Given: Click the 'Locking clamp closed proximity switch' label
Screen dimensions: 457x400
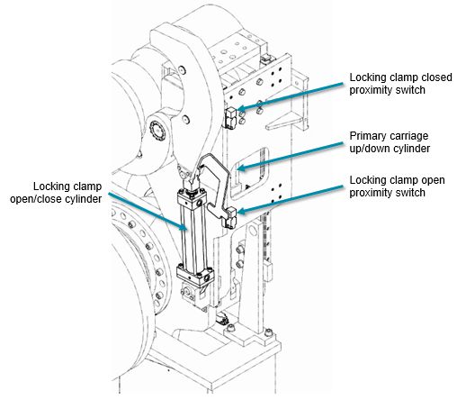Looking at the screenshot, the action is pos(400,84).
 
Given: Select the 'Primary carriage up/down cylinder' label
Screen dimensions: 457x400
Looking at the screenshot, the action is pos(390,142).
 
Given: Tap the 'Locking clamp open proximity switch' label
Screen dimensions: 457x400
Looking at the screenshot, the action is pos(397,186).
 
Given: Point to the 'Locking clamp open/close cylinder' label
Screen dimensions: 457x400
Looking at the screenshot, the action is pos(56,193).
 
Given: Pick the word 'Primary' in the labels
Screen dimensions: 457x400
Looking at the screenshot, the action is pos(366,136).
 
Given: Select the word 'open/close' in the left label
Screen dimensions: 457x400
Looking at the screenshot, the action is pos(35,199).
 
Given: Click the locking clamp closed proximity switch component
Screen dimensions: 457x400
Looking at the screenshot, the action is pos(230,118).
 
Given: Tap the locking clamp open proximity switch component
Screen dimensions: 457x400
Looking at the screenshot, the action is pos(230,217).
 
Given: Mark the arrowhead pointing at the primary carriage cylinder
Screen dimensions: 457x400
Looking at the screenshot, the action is pos(241,167).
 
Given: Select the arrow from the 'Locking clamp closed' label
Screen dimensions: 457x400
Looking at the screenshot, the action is pos(290,95).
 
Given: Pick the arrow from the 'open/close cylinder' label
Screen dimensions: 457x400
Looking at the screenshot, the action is pos(148,212).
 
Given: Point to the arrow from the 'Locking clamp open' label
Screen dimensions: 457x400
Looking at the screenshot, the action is pos(290,200).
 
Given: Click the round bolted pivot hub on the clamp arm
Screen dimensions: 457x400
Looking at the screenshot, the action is pos(157,132).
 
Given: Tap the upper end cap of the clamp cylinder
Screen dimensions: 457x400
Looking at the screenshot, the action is pos(192,197).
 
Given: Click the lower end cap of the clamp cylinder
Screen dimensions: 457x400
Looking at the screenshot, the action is pos(195,274).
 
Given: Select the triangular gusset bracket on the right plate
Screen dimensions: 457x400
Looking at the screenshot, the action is pos(284,121).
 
